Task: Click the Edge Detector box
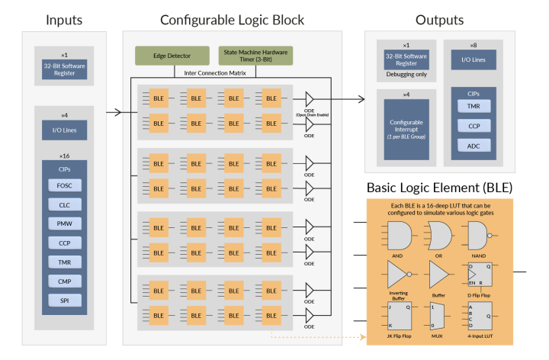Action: (x=172, y=56)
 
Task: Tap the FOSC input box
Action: (x=64, y=185)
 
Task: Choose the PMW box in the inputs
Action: (x=64, y=224)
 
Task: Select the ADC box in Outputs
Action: (x=474, y=146)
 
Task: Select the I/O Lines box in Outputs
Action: (x=474, y=59)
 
